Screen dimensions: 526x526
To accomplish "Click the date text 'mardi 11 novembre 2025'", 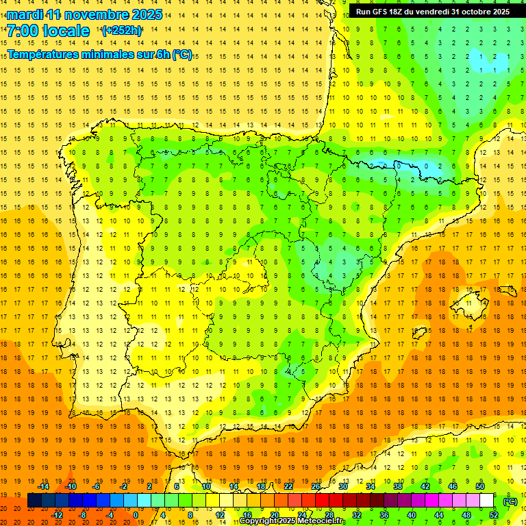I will click(x=85, y=14).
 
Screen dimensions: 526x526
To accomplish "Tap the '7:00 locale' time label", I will click(x=48, y=31).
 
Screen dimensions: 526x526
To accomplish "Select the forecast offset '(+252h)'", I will click(x=122, y=30).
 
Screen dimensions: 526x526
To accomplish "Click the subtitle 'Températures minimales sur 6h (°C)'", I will click(x=100, y=55).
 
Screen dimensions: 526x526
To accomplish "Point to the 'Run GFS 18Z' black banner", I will click(x=432, y=12).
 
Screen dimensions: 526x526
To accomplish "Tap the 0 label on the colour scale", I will click(x=136, y=515).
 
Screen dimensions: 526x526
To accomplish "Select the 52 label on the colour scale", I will click(x=493, y=515).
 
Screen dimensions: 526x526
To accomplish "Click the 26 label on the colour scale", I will click(x=316, y=486).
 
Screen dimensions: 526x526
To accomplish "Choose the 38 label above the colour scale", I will click(x=397, y=486).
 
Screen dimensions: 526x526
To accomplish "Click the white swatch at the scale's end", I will click(x=486, y=501).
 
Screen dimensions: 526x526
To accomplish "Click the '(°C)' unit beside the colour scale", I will click(x=510, y=501).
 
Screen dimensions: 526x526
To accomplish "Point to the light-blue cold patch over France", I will click(x=499, y=60).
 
